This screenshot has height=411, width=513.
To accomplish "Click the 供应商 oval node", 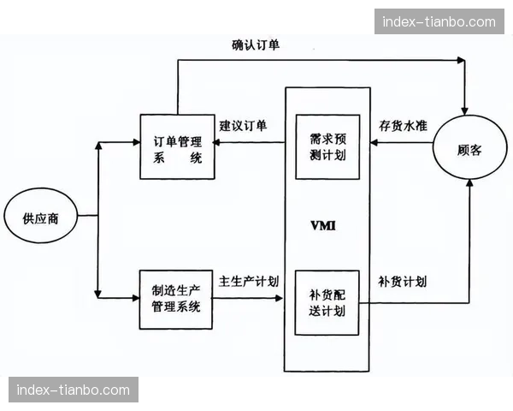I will click(41, 217).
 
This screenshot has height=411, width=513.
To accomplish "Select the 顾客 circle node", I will click(469, 149).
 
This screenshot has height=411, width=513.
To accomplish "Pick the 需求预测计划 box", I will click(327, 146).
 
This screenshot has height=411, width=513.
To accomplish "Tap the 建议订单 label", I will click(243, 125).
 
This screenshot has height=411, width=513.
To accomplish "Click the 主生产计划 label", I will click(249, 280).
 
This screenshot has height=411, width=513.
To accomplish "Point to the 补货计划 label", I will click(404, 281).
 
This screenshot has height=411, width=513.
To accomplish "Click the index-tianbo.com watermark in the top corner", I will click(439, 21).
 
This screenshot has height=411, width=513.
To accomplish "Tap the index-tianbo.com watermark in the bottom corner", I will click(74, 390).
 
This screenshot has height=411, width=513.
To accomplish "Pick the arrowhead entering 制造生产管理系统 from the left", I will click(135, 298).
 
